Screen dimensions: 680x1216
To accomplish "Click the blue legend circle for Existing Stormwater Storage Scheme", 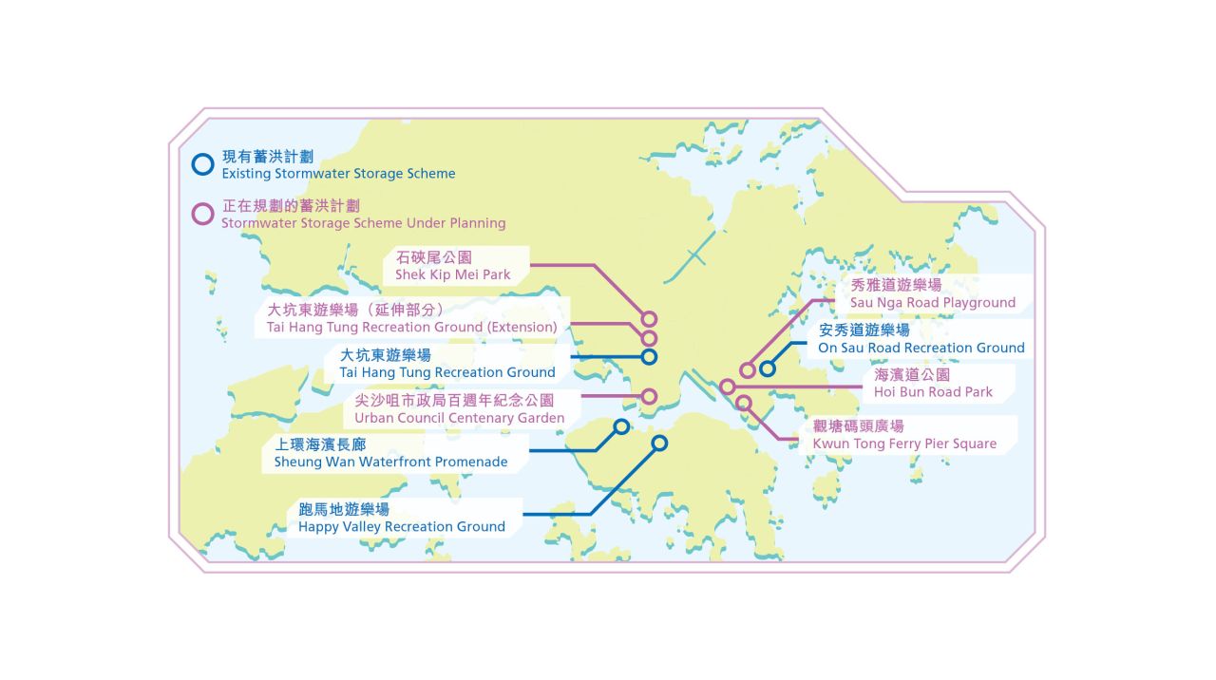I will coord(202,164).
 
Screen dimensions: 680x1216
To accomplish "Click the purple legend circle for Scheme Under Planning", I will coord(202,214).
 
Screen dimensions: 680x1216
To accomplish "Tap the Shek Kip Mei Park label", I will coord(453,266).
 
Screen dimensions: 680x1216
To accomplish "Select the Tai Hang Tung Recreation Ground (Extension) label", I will coord(406,318).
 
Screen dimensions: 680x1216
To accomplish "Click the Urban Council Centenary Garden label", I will coord(459,409).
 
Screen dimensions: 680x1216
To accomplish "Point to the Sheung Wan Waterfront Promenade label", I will coord(390,453).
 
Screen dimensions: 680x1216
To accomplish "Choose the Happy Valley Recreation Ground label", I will coord(401,518).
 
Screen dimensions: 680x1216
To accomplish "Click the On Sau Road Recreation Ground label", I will coord(921,339).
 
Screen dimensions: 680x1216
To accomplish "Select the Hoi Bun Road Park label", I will coord(933,384).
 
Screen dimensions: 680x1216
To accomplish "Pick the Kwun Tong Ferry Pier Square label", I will coord(904,435).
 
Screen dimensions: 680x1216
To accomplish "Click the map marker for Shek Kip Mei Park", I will coord(650,319).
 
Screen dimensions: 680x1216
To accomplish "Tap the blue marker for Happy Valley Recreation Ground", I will coord(659,443).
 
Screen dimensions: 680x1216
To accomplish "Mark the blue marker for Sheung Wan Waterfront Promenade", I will coord(621,426).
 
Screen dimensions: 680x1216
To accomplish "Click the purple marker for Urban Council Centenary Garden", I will coord(650,396).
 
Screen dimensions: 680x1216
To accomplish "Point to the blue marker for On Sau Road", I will coord(767,368).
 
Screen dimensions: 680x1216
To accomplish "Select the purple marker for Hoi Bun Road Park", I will coord(727,387).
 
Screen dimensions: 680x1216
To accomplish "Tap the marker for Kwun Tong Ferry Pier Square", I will coord(744,404).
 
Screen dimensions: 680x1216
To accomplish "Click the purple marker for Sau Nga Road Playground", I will coord(748,369).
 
